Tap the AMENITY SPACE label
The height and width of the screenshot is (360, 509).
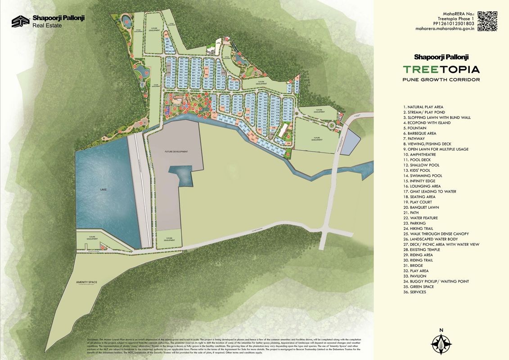click(87, 282)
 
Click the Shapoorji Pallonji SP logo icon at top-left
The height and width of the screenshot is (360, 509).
click(20, 22)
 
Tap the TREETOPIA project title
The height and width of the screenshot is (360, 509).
click(441, 69)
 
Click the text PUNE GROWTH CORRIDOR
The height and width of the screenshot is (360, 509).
click(441, 80)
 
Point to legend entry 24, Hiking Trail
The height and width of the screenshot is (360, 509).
click(421, 229)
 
